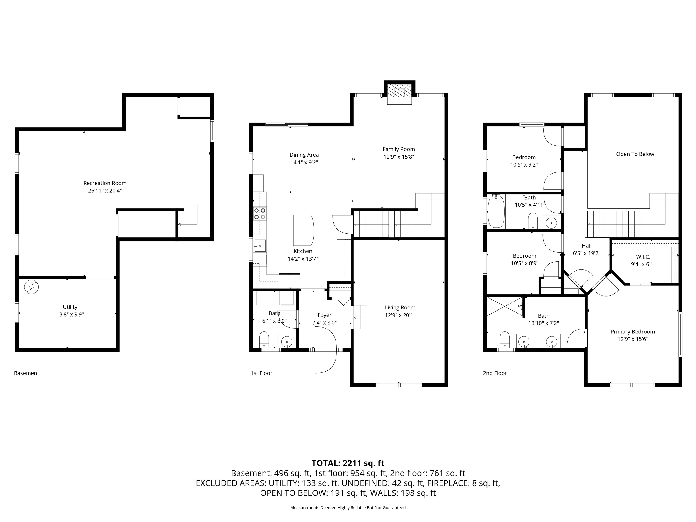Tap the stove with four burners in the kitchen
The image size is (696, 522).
tap(260, 214)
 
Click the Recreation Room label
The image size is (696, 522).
tap(105, 183)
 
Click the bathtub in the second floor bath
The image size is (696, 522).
tap(496, 211)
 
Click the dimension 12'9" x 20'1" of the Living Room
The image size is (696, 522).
tap(400, 315)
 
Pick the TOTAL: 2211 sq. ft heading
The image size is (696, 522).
tap(348, 463)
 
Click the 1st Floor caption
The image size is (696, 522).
tap(261, 373)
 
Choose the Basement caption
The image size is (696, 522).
tap(27, 373)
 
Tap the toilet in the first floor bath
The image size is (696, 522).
tap(264, 340)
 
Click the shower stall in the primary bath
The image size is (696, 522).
tap(504, 306)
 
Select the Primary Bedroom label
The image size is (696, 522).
tap(632, 332)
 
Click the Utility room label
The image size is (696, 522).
tap(70, 307)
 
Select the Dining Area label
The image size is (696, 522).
tap(304, 155)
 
